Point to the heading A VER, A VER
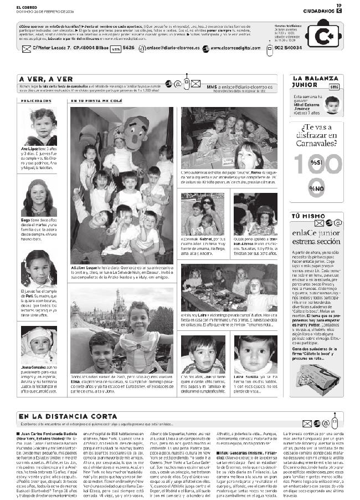tap(45, 79)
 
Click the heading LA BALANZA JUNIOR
tap(310, 81)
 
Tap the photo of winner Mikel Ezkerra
tap(332, 105)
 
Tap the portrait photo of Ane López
tap(39, 127)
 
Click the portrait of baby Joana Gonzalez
tap(39, 344)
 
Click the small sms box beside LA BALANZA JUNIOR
tap(333, 86)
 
